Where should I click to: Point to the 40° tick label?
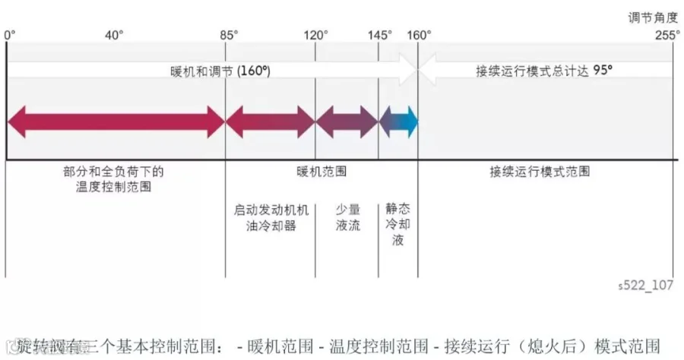coord(115,35)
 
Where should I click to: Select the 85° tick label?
coord(227,35)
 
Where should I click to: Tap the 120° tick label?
coord(316,35)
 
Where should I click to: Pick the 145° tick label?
coord(379,35)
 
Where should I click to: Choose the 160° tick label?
coord(419,35)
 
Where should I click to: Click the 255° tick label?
coord(667,35)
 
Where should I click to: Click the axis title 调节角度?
coord(658,15)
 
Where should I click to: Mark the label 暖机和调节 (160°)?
coord(220,71)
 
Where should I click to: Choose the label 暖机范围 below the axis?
coord(321,172)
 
